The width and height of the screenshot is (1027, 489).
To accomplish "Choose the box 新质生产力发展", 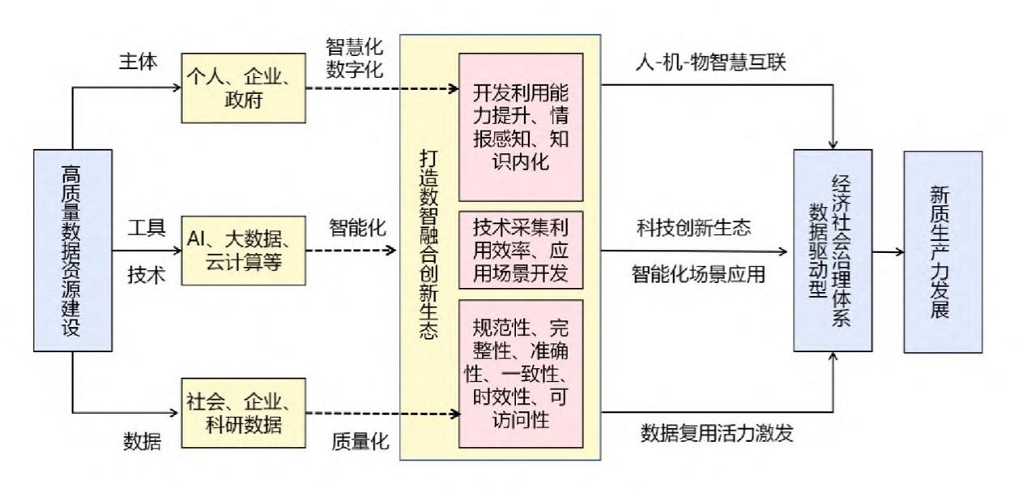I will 943,251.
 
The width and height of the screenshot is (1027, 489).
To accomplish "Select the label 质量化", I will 361,441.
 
